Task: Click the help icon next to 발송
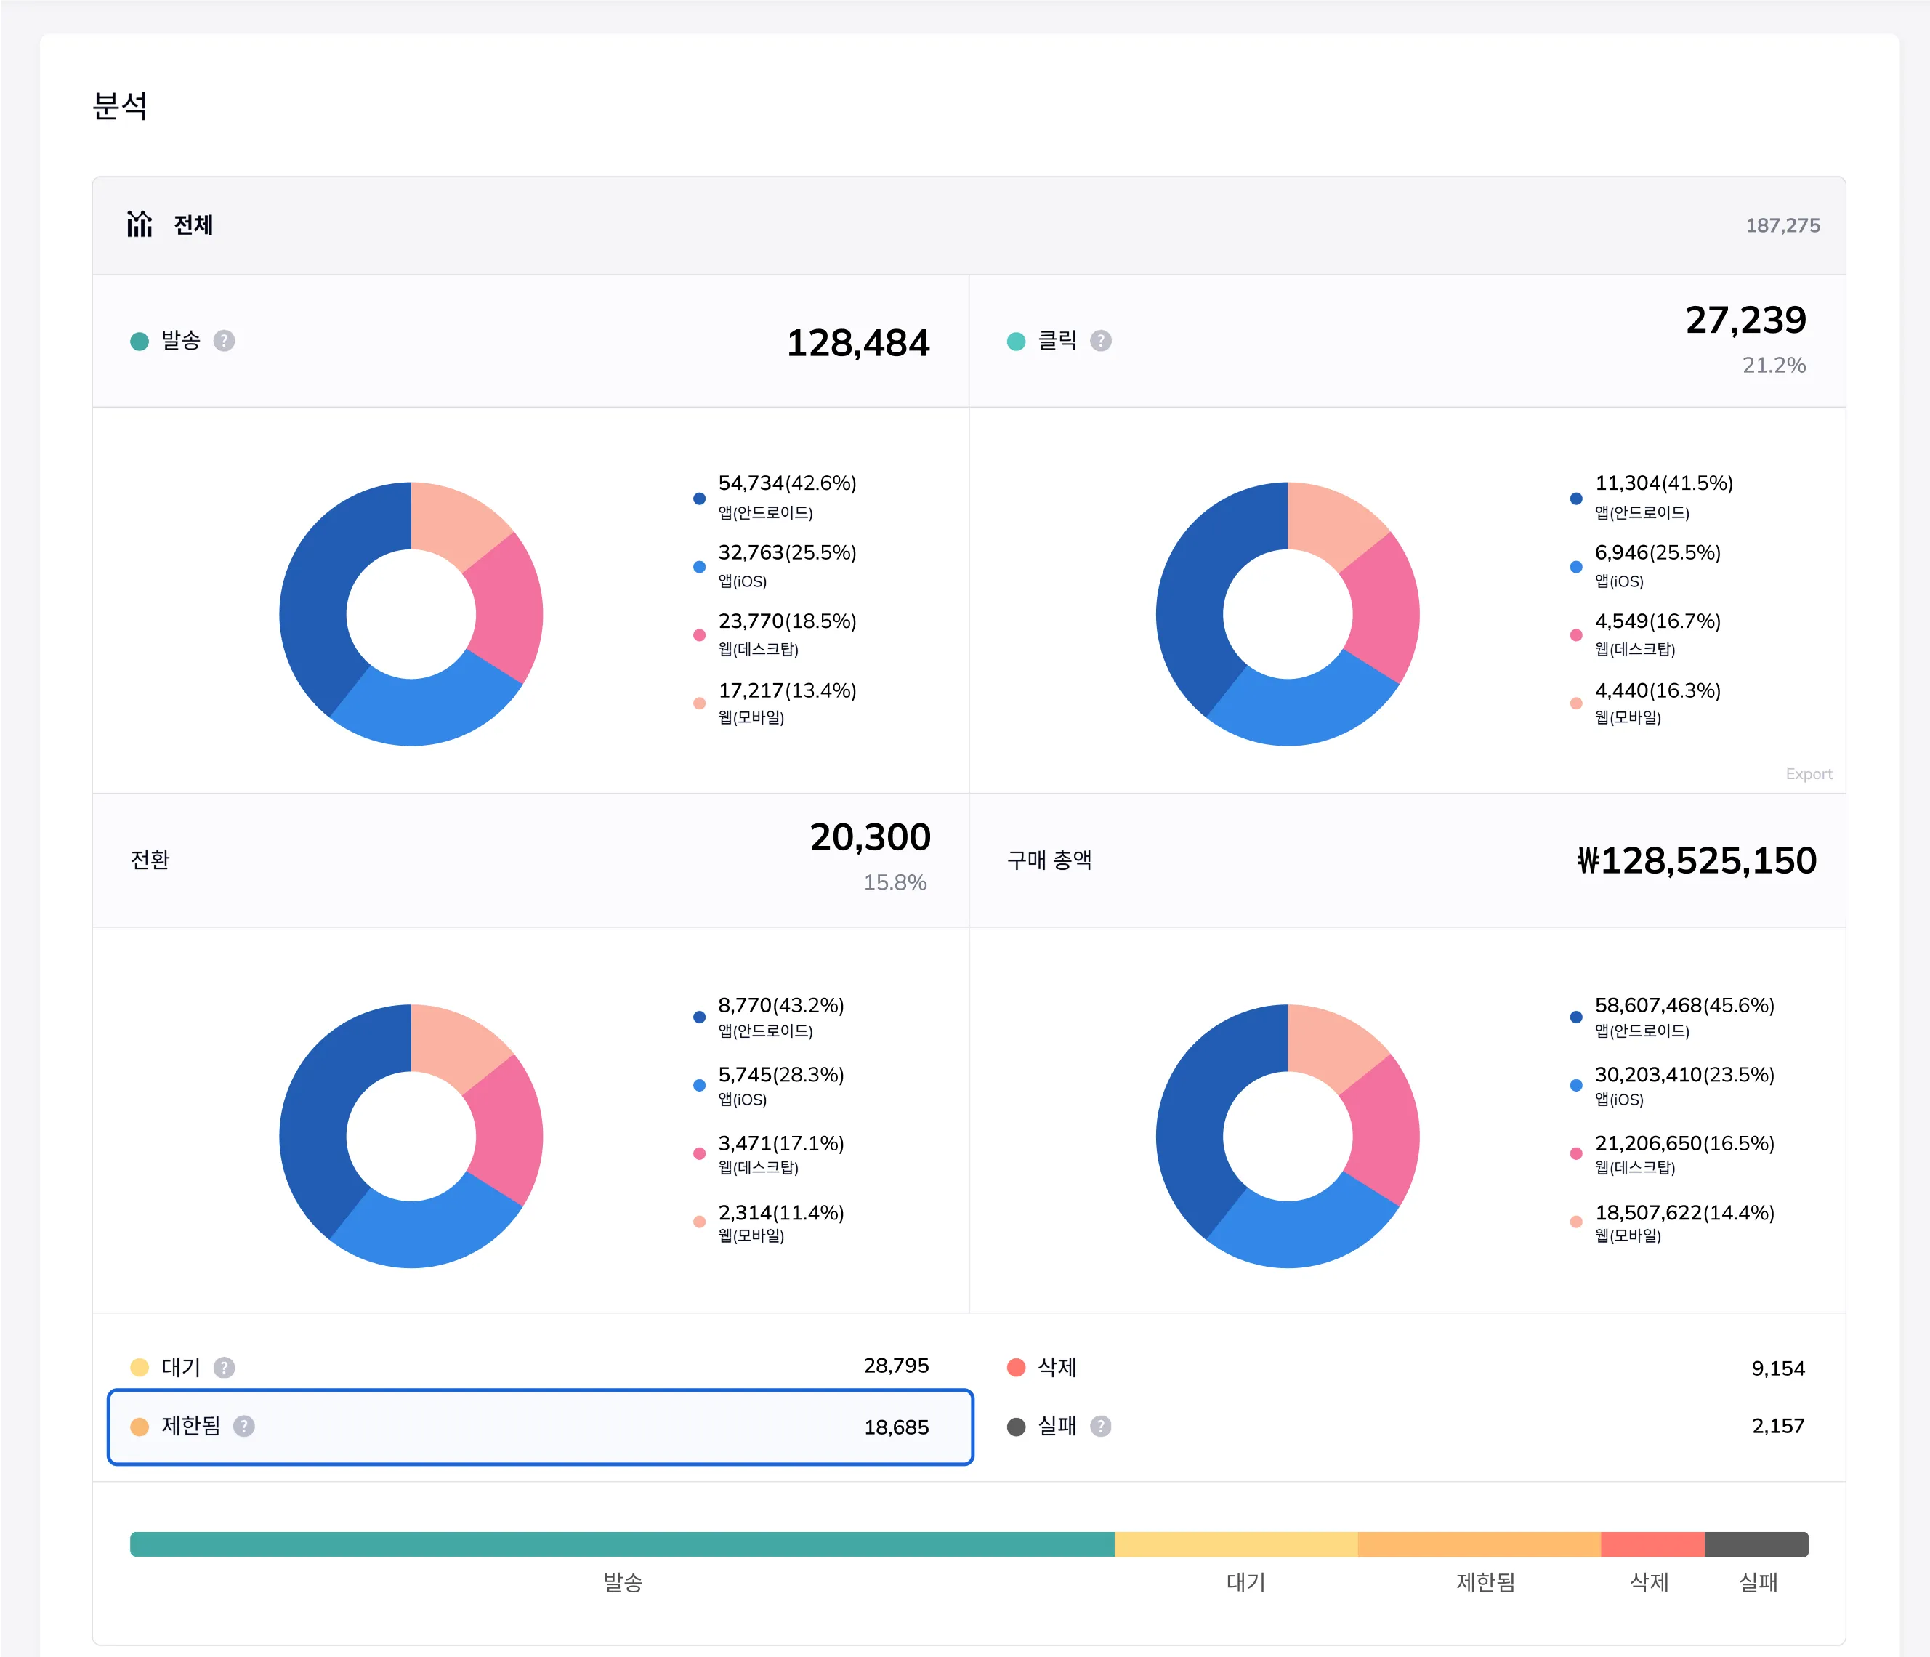pyautogui.click(x=224, y=341)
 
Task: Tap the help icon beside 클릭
pyautogui.click(x=1100, y=341)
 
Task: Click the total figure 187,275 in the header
pyautogui.click(x=1782, y=225)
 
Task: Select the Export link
pyautogui.click(x=1808, y=774)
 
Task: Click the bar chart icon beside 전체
pyautogui.click(x=140, y=224)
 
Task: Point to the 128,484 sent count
pyautogui.click(x=858, y=343)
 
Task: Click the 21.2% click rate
pyautogui.click(x=1774, y=365)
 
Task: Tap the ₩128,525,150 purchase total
pyautogui.click(x=1696, y=860)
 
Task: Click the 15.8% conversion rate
pyautogui.click(x=895, y=882)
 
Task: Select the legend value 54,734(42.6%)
pyautogui.click(x=787, y=483)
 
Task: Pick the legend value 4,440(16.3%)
pyautogui.click(x=1657, y=690)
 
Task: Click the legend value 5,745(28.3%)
pyautogui.click(x=780, y=1075)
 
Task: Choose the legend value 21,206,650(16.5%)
pyautogui.click(x=1684, y=1143)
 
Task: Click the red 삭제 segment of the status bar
pyautogui.click(x=1652, y=1544)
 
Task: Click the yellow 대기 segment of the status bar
pyautogui.click(x=1236, y=1544)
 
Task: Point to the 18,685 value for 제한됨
pyautogui.click(x=896, y=1427)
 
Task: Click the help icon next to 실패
pyautogui.click(x=1100, y=1426)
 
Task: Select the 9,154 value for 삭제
pyautogui.click(x=1777, y=1368)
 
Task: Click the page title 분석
pyautogui.click(x=120, y=105)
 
